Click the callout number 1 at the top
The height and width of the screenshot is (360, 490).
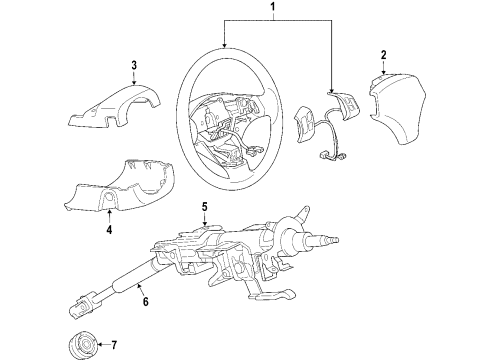click(273, 6)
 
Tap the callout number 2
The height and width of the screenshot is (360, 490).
click(384, 55)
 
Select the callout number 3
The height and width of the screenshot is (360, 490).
click(134, 65)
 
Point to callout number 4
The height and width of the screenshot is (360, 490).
click(109, 229)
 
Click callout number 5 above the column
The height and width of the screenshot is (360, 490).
click(204, 207)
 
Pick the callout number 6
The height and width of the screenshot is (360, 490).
click(145, 301)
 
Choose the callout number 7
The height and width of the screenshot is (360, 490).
click(114, 345)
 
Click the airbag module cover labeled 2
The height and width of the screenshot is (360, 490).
click(398, 107)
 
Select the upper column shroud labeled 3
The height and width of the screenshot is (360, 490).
click(113, 107)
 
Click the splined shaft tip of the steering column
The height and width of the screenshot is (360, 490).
click(332, 239)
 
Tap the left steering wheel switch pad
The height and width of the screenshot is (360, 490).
click(304, 124)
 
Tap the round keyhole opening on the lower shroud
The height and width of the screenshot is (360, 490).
click(109, 197)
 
